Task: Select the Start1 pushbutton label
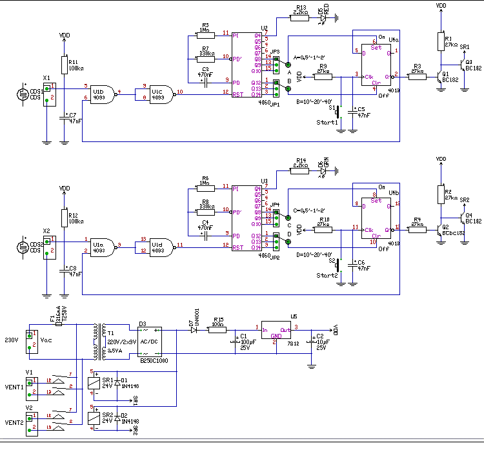click(x=327, y=122)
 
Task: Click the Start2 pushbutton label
click(x=327, y=275)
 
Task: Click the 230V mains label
click(x=12, y=340)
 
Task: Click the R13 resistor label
click(x=300, y=6)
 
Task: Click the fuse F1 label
click(x=52, y=318)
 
